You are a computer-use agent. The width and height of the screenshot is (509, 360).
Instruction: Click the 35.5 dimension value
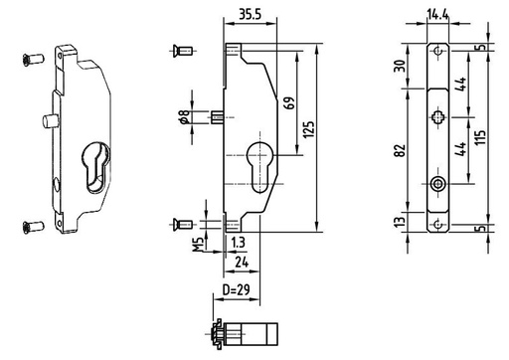251,14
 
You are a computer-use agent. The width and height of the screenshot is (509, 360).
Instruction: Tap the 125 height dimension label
308,130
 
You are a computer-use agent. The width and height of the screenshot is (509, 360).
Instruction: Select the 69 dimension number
288,103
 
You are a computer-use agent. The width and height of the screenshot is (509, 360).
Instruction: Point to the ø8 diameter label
184,117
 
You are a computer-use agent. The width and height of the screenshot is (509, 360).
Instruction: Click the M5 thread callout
199,245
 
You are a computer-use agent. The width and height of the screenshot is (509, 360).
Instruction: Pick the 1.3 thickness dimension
239,243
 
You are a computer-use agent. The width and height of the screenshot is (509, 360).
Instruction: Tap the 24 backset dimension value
242,263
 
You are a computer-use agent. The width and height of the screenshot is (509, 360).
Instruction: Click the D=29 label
236,290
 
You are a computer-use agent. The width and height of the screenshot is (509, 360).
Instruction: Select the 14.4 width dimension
437,15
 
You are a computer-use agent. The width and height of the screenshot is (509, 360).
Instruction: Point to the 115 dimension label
481,136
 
